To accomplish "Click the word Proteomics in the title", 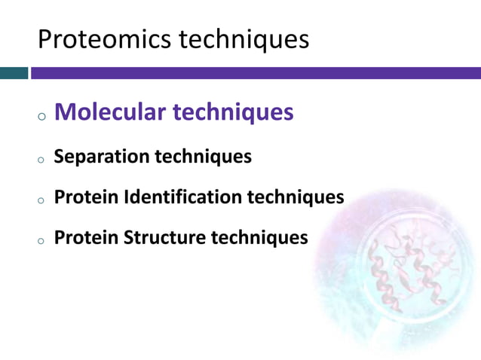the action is coord(105,39).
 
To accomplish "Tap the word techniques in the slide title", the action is coord(244,39).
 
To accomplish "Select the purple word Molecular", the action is coord(110,111).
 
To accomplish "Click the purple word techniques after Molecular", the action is coord(233,112).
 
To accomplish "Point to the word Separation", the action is coord(102,157).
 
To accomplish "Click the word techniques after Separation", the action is coord(204,157).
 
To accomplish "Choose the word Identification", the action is coord(183,197).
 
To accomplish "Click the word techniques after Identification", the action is coord(296,197).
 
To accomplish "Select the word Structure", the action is coord(164,237).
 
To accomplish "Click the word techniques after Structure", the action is coord(259,238).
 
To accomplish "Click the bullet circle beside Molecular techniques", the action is coord(42,117).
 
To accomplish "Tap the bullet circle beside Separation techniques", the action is coord(41,160).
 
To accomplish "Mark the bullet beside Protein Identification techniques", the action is coord(41,200).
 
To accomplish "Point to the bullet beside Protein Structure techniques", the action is coord(41,241).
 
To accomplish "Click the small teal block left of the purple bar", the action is coord(14,73).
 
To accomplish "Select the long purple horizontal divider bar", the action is coord(256,73).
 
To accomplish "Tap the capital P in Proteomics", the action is coord(44,39).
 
